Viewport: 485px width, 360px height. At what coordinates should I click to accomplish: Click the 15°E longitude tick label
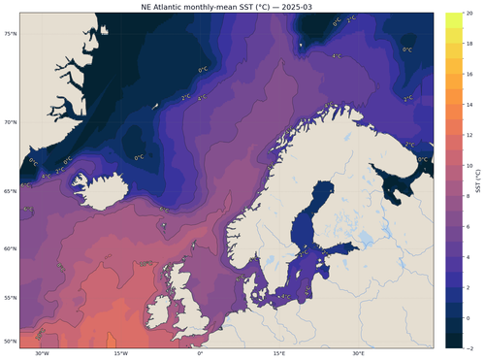pos(278,352)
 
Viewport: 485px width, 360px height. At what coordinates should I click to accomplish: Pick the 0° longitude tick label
pos(200,352)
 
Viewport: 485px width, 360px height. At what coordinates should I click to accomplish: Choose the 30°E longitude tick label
pos(358,352)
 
